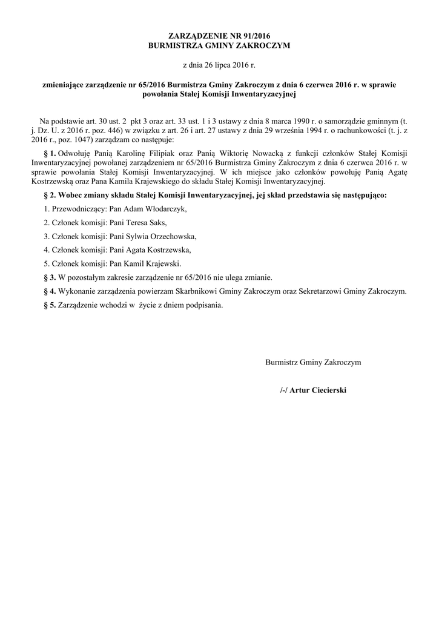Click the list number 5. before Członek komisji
pyautogui.click(x=47, y=264)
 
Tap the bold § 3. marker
pyautogui.click(x=50, y=277)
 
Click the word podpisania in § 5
pyautogui.click(x=205, y=305)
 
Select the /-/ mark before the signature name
pyautogui.click(x=284, y=391)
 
